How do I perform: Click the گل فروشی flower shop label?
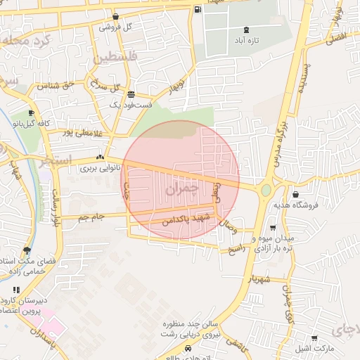116,27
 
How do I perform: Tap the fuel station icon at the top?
198,10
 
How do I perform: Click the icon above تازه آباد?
245,30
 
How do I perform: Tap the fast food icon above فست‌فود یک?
131,94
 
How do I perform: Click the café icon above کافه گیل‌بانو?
31,113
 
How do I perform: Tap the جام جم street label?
91,217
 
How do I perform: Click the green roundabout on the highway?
266,190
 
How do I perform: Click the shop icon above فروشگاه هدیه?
295,194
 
